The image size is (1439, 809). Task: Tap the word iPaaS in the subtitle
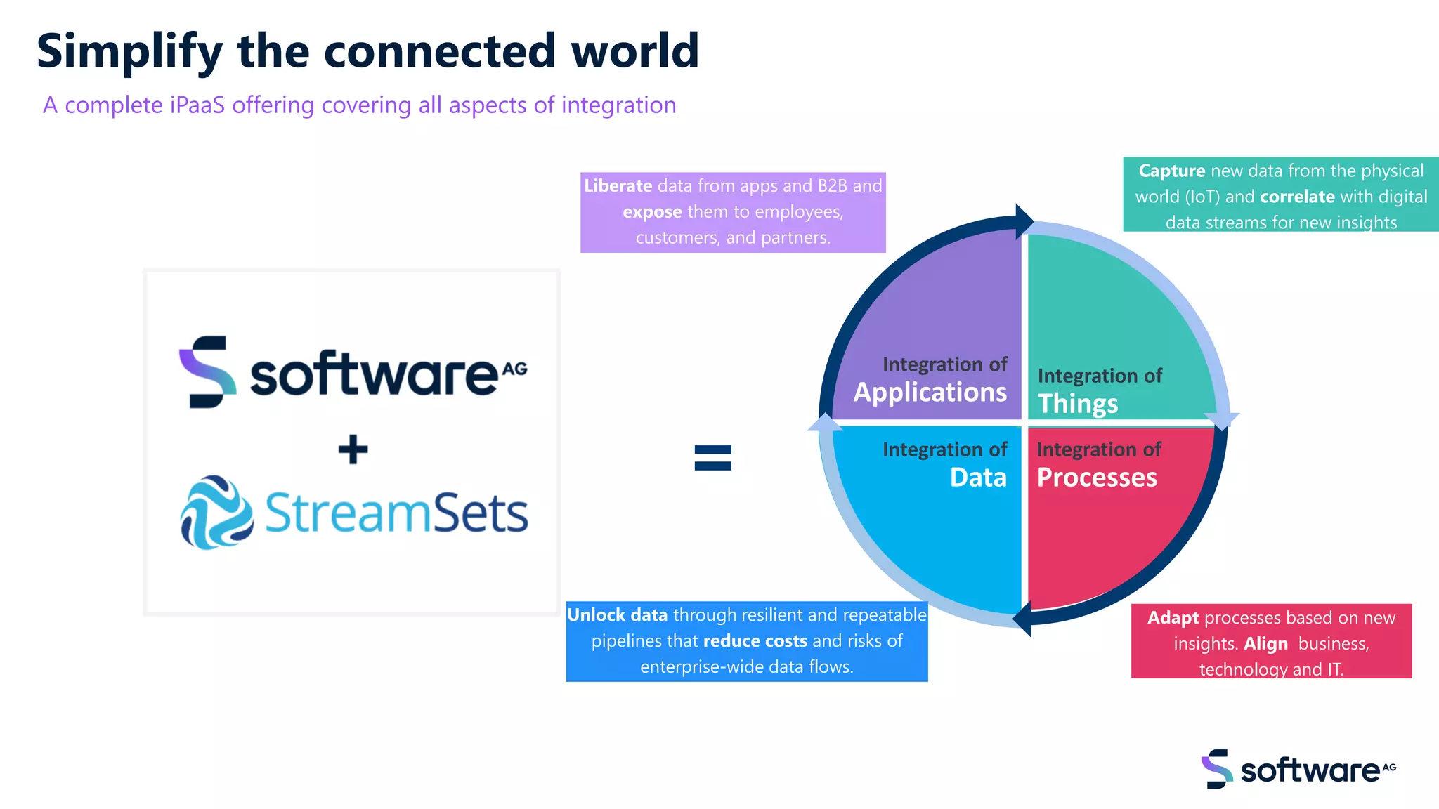197,105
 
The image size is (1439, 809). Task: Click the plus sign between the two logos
353,449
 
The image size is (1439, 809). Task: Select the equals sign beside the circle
712,458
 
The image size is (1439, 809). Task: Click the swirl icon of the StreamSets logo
216,512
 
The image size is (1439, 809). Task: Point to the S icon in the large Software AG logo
207,371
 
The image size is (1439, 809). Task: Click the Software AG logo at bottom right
1298,769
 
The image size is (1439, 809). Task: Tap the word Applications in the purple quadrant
930,393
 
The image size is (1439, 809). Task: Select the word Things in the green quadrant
1077,404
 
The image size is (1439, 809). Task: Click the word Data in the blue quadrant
978,478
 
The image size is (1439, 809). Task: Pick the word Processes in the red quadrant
1096,478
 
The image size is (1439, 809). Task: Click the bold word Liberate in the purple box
618,186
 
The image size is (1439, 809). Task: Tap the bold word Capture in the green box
1171,171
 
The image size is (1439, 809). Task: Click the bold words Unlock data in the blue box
617,615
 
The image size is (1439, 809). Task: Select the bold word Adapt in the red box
1173,618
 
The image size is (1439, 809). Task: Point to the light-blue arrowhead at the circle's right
1222,419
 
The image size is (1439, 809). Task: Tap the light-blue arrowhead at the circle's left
825,423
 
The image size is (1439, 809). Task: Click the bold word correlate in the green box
1297,197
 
